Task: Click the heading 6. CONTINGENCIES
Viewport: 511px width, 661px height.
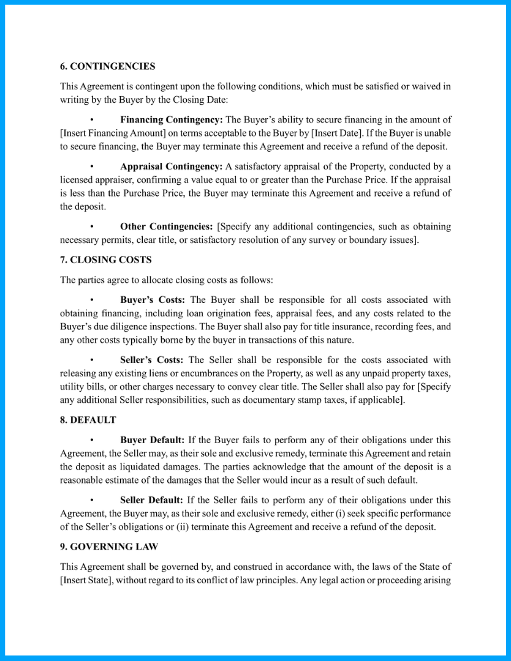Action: coord(108,66)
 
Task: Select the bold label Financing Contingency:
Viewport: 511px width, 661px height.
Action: coord(172,120)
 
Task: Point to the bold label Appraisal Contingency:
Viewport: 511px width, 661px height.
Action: coord(171,166)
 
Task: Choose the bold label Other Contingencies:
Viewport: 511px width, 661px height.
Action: coord(166,226)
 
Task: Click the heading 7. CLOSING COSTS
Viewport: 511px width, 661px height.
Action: coord(106,260)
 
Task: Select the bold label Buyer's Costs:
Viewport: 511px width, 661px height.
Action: coord(153,300)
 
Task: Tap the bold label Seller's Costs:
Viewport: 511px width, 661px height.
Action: coord(152,360)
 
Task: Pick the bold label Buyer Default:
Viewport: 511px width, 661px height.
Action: coord(152,440)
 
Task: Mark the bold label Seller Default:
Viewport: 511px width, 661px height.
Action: coord(152,500)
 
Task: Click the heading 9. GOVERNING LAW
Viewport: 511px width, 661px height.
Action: coord(110,546)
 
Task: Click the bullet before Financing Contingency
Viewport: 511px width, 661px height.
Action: coord(91,121)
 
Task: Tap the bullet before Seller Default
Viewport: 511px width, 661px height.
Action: coord(91,501)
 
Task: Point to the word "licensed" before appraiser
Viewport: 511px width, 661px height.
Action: coord(76,180)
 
